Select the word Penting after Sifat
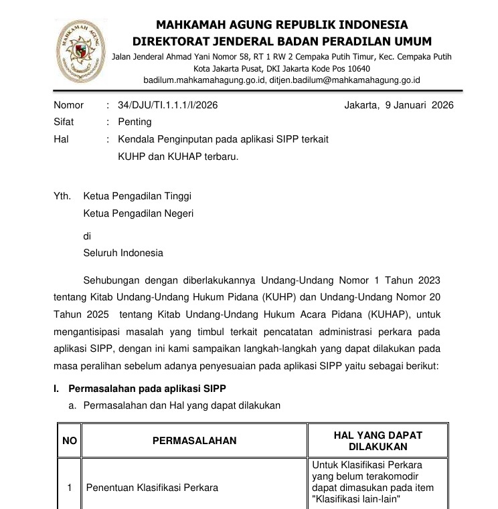(x=135, y=122)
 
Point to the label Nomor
(x=68, y=105)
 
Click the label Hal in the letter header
(x=60, y=139)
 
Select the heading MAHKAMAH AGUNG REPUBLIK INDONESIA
(x=281, y=25)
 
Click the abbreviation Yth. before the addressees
(x=62, y=197)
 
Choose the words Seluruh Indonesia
(x=122, y=253)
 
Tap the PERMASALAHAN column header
(x=195, y=441)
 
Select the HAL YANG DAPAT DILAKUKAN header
(x=378, y=441)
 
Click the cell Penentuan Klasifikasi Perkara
(x=152, y=488)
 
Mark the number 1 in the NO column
(x=70, y=488)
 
